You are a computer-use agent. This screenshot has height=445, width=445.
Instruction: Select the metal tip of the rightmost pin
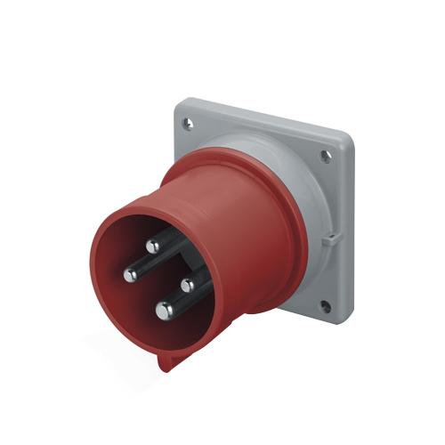click(x=188, y=285)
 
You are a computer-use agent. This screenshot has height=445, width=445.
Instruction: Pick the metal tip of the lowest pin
click(x=165, y=310)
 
